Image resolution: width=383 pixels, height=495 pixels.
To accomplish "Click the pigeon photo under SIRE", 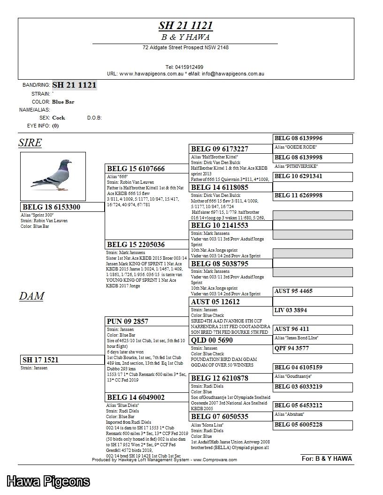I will (x=53, y=176).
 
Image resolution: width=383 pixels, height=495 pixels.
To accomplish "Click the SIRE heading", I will (x=30, y=143).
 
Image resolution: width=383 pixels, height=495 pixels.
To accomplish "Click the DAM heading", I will (x=31, y=296).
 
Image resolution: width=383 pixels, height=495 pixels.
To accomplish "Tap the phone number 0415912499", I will (x=184, y=67).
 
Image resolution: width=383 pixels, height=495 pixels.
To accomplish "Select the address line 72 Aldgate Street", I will (x=185, y=47).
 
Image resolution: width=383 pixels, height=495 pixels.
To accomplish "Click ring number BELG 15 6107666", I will (x=136, y=169).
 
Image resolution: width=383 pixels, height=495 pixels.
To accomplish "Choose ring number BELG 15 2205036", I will (x=136, y=245).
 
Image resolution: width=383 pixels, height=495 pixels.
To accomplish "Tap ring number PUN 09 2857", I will (x=128, y=322).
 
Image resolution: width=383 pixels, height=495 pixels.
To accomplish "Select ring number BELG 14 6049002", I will (x=136, y=397).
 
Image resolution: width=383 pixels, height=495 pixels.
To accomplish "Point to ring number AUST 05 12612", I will (x=215, y=302).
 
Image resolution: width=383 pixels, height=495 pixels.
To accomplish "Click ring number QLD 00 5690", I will (x=212, y=340).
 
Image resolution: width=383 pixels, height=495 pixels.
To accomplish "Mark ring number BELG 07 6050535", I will (x=220, y=417).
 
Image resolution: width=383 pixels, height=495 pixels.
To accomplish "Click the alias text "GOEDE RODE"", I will (x=295, y=147).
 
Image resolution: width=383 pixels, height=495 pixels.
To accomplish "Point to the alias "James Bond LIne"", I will (x=296, y=338).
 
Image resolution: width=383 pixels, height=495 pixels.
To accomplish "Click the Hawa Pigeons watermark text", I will (x=48, y=481).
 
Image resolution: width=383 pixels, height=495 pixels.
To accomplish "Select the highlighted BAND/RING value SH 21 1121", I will (x=74, y=85).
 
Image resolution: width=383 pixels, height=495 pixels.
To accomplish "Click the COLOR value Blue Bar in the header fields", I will (x=63, y=102).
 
